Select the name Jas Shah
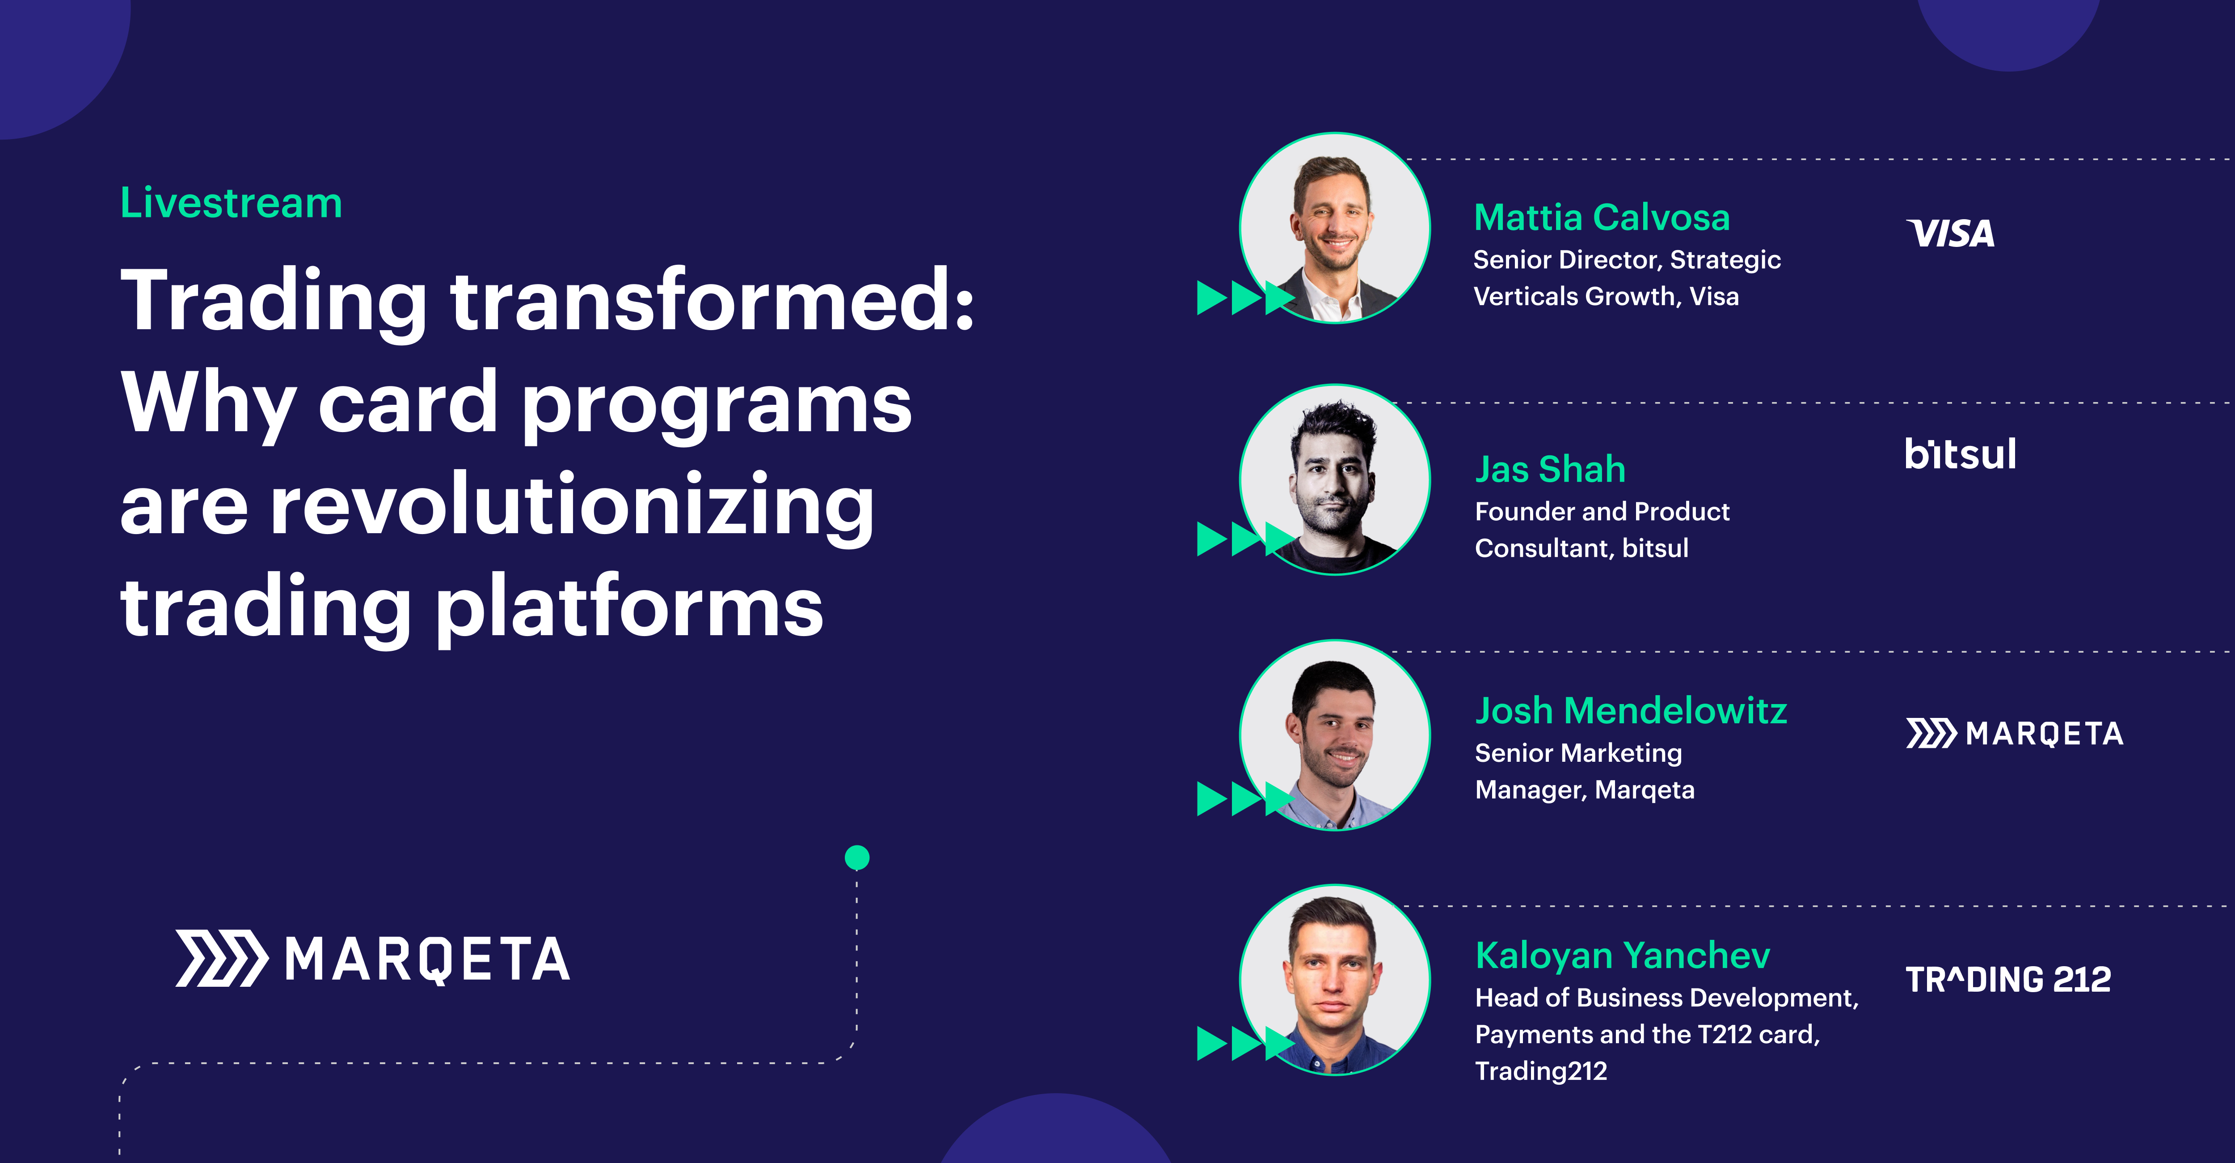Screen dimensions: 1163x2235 (x=1550, y=470)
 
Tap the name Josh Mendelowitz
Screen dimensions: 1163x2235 (x=1630, y=711)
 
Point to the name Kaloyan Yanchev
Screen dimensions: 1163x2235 (x=1622, y=955)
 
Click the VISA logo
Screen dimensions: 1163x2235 (x=1950, y=233)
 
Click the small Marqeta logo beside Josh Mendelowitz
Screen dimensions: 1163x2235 (x=2014, y=734)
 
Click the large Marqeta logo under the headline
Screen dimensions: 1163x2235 (x=373, y=959)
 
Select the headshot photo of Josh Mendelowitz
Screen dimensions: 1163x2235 (x=1334, y=735)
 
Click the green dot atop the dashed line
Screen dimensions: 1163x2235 (x=856, y=857)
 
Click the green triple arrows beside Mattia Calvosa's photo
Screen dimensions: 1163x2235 (x=1243, y=298)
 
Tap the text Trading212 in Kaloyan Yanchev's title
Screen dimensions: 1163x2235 (x=1541, y=1071)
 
